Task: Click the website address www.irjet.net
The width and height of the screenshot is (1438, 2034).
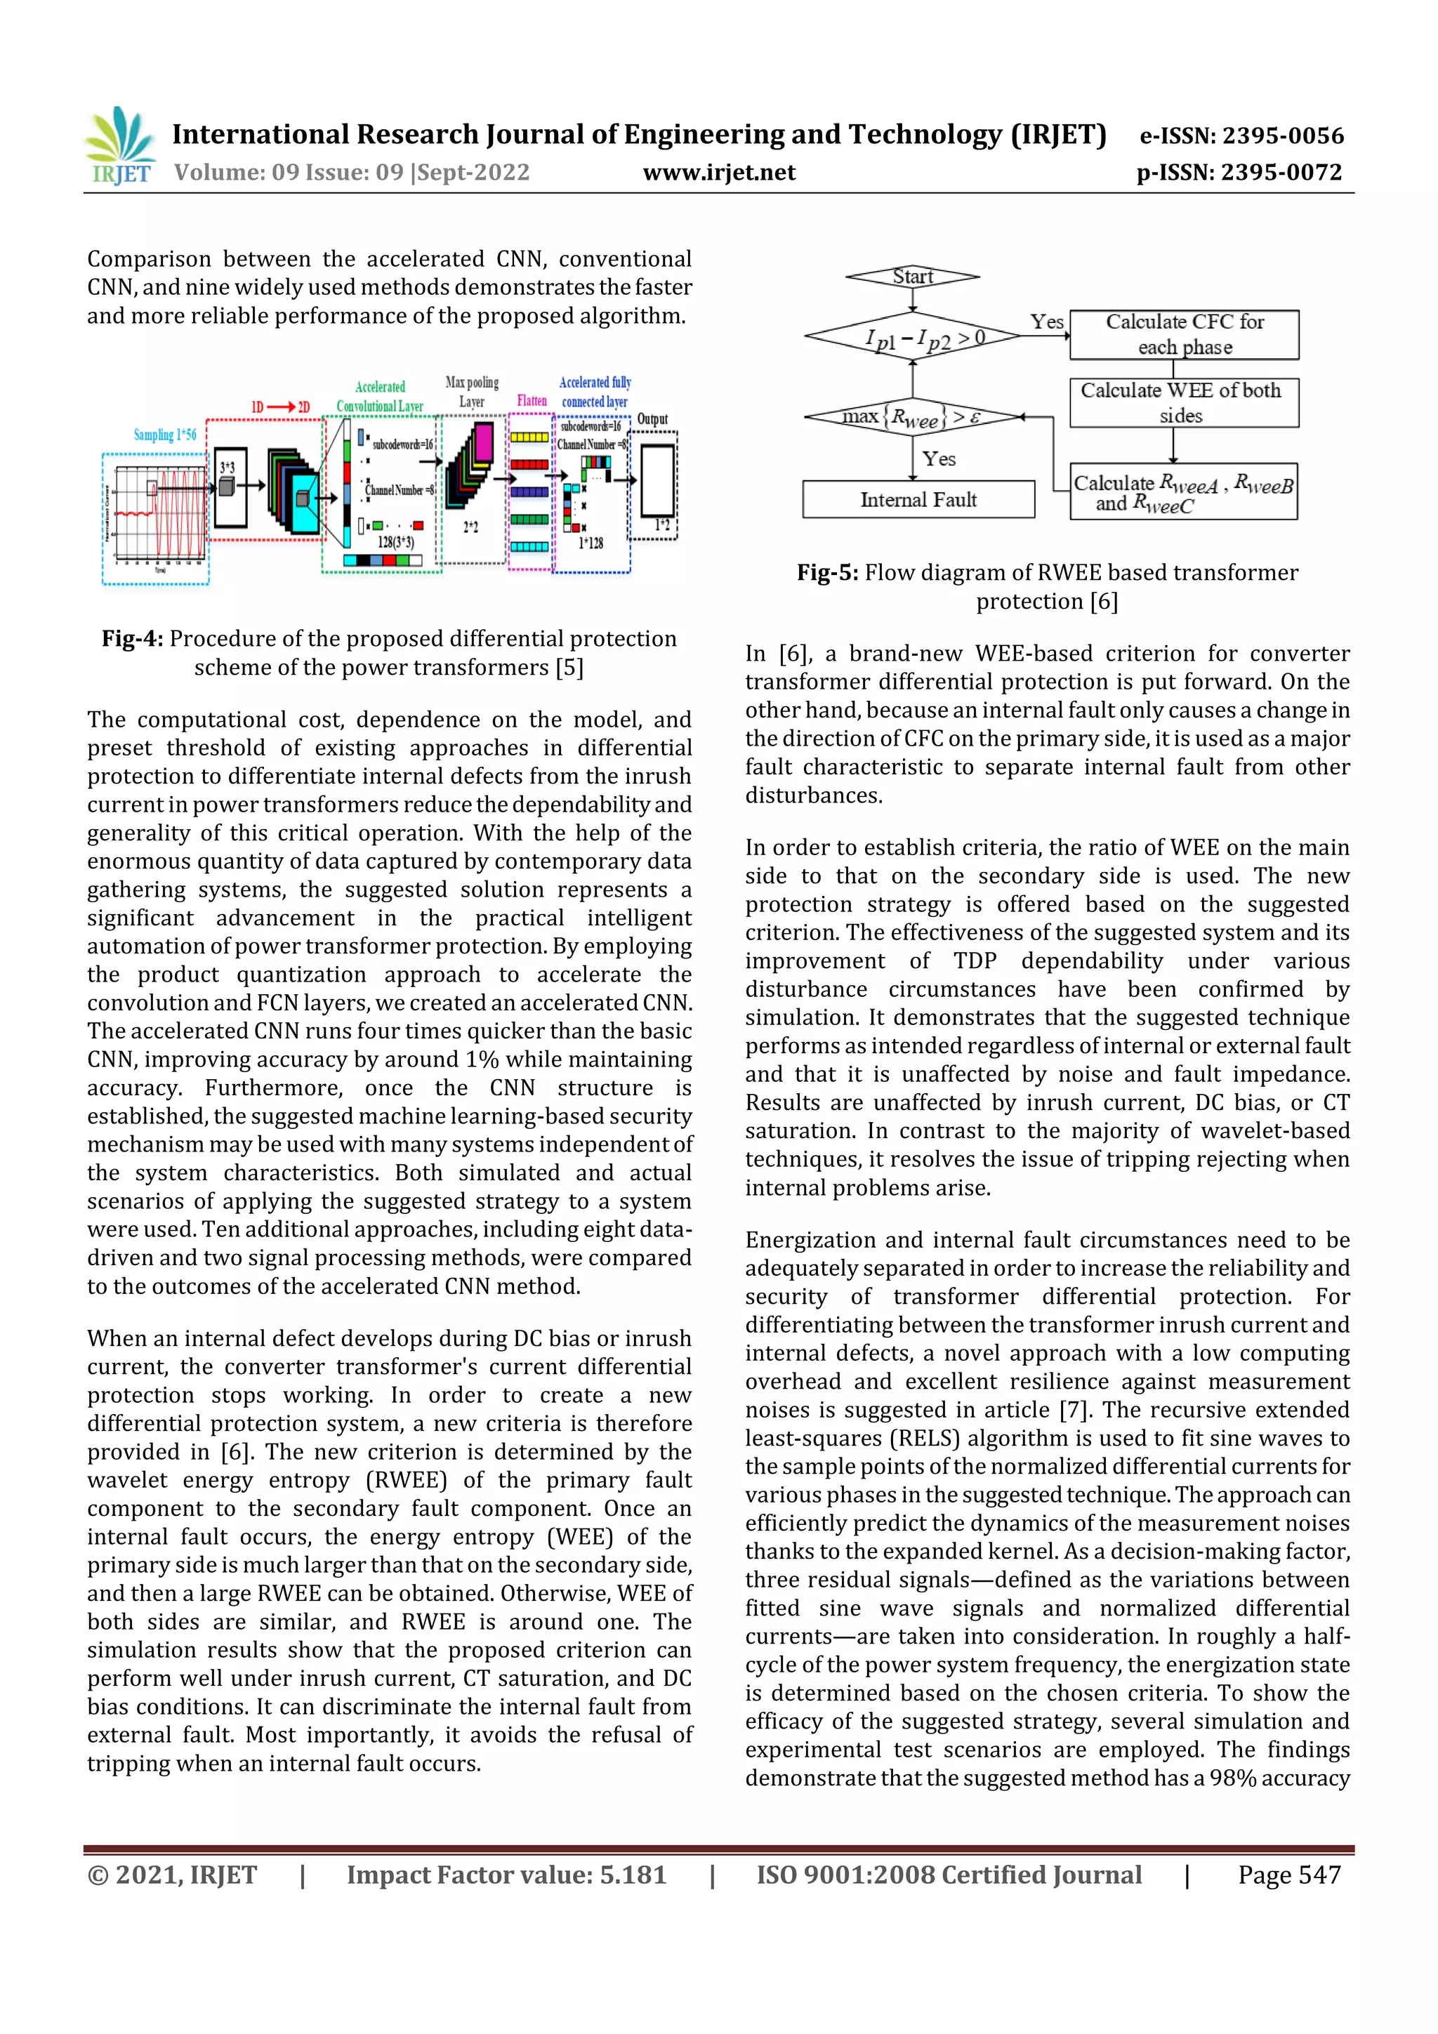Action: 718,173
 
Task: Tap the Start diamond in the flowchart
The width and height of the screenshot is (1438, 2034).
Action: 913,277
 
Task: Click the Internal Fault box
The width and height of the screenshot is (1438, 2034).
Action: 918,500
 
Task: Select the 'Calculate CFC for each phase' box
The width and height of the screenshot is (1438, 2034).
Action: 1184,334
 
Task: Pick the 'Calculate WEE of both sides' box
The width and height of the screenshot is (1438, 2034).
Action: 1184,403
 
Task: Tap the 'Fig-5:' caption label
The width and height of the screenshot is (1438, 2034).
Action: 826,573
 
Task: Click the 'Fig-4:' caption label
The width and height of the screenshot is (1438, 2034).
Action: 132,639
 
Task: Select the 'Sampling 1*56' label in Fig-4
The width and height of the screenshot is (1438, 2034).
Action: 165,435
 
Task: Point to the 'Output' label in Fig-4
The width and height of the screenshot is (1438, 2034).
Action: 652,419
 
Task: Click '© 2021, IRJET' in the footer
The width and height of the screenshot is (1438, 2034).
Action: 172,1875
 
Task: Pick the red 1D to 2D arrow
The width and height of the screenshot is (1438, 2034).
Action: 281,407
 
